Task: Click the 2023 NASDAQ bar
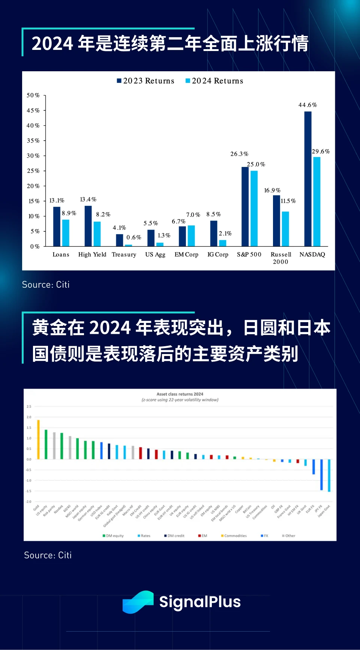click(307, 179)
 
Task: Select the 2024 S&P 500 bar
click(254, 208)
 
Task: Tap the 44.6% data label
click(307, 105)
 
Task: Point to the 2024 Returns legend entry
click(214, 81)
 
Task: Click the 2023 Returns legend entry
click(145, 81)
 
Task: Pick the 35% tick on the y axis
click(33, 141)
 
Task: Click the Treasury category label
click(124, 254)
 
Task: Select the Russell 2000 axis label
click(281, 258)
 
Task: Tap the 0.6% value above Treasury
click(133, 237)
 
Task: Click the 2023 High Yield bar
click(88, 226)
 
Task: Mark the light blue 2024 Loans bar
click(66, 233)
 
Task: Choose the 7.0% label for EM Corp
click(193, 215)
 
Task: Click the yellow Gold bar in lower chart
click(38, 440)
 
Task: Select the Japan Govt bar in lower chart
click(329, 475)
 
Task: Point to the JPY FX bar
click(321, 474)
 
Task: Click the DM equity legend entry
click(113, 536)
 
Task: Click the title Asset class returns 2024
click(180, 394)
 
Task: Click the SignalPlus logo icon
click(138, 602)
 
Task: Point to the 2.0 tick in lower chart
click(29, 417)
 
